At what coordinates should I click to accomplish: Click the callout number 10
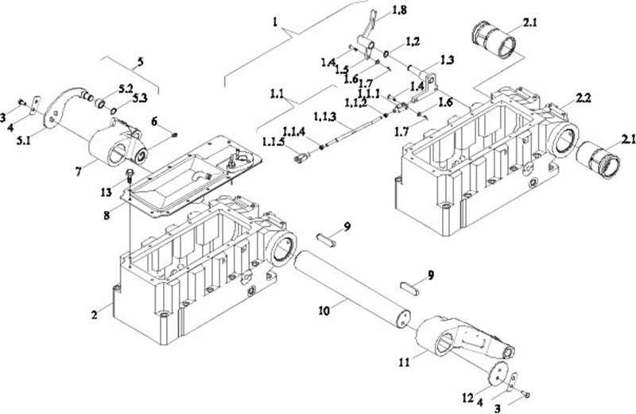(x=324, y=311)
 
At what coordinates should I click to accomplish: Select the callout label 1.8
(x=399, y=11)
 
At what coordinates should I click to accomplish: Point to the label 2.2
(x=583, y=98)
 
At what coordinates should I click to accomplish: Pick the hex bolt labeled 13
(x=130, y=175)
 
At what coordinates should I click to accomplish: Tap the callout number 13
(x=106, y=192)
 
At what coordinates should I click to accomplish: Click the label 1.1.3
(x=325, y=117)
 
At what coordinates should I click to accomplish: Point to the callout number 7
(x=78, y=172)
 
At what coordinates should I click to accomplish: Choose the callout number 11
(x=404, y=362)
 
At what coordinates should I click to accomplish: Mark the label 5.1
(x=23, y=142)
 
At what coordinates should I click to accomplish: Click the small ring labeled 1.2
(x=386, y=53)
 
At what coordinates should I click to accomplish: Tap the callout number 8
(x=107, y=214)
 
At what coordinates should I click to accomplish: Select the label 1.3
(x=446, y=61)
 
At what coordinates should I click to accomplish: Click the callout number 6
(x=154, y=121)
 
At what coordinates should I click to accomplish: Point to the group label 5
(x=140, y=62)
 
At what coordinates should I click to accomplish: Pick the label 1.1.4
(x=295, y=131)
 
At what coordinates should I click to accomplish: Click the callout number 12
(x=467, y=398)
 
